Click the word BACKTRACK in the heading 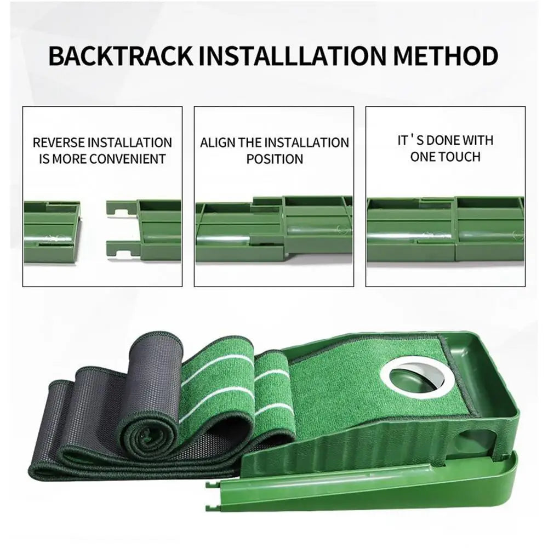click(x=120, y=56)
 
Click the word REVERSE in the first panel click(x=59, y=143)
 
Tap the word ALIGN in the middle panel click(x=218, y=143)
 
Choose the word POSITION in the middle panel click(x=275, y=159)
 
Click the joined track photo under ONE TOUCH click(x=445, y=229)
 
